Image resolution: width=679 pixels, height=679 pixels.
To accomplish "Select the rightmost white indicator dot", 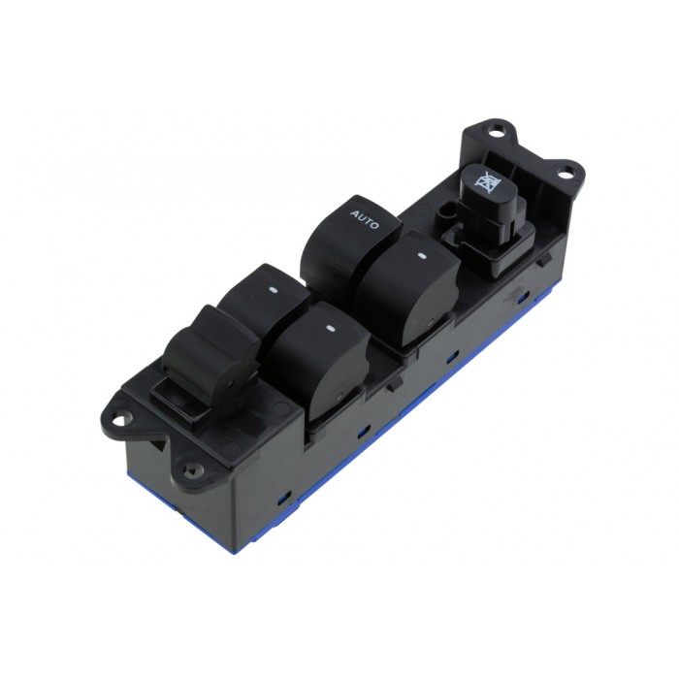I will pyautogui.click(x=422, y=256).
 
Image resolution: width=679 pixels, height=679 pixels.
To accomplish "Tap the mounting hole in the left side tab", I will pyautogui.click(x=120, y=419).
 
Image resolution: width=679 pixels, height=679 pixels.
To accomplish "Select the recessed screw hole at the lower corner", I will pyautogui.click(x=190, y=471).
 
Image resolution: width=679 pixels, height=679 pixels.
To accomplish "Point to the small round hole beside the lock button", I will pyautogui.click(x=448, y=209).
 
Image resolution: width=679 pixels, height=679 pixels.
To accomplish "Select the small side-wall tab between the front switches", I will pyautogui.click(x=392, y=382).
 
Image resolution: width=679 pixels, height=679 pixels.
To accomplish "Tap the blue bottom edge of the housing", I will pyautogui.click(x=388, y=436).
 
